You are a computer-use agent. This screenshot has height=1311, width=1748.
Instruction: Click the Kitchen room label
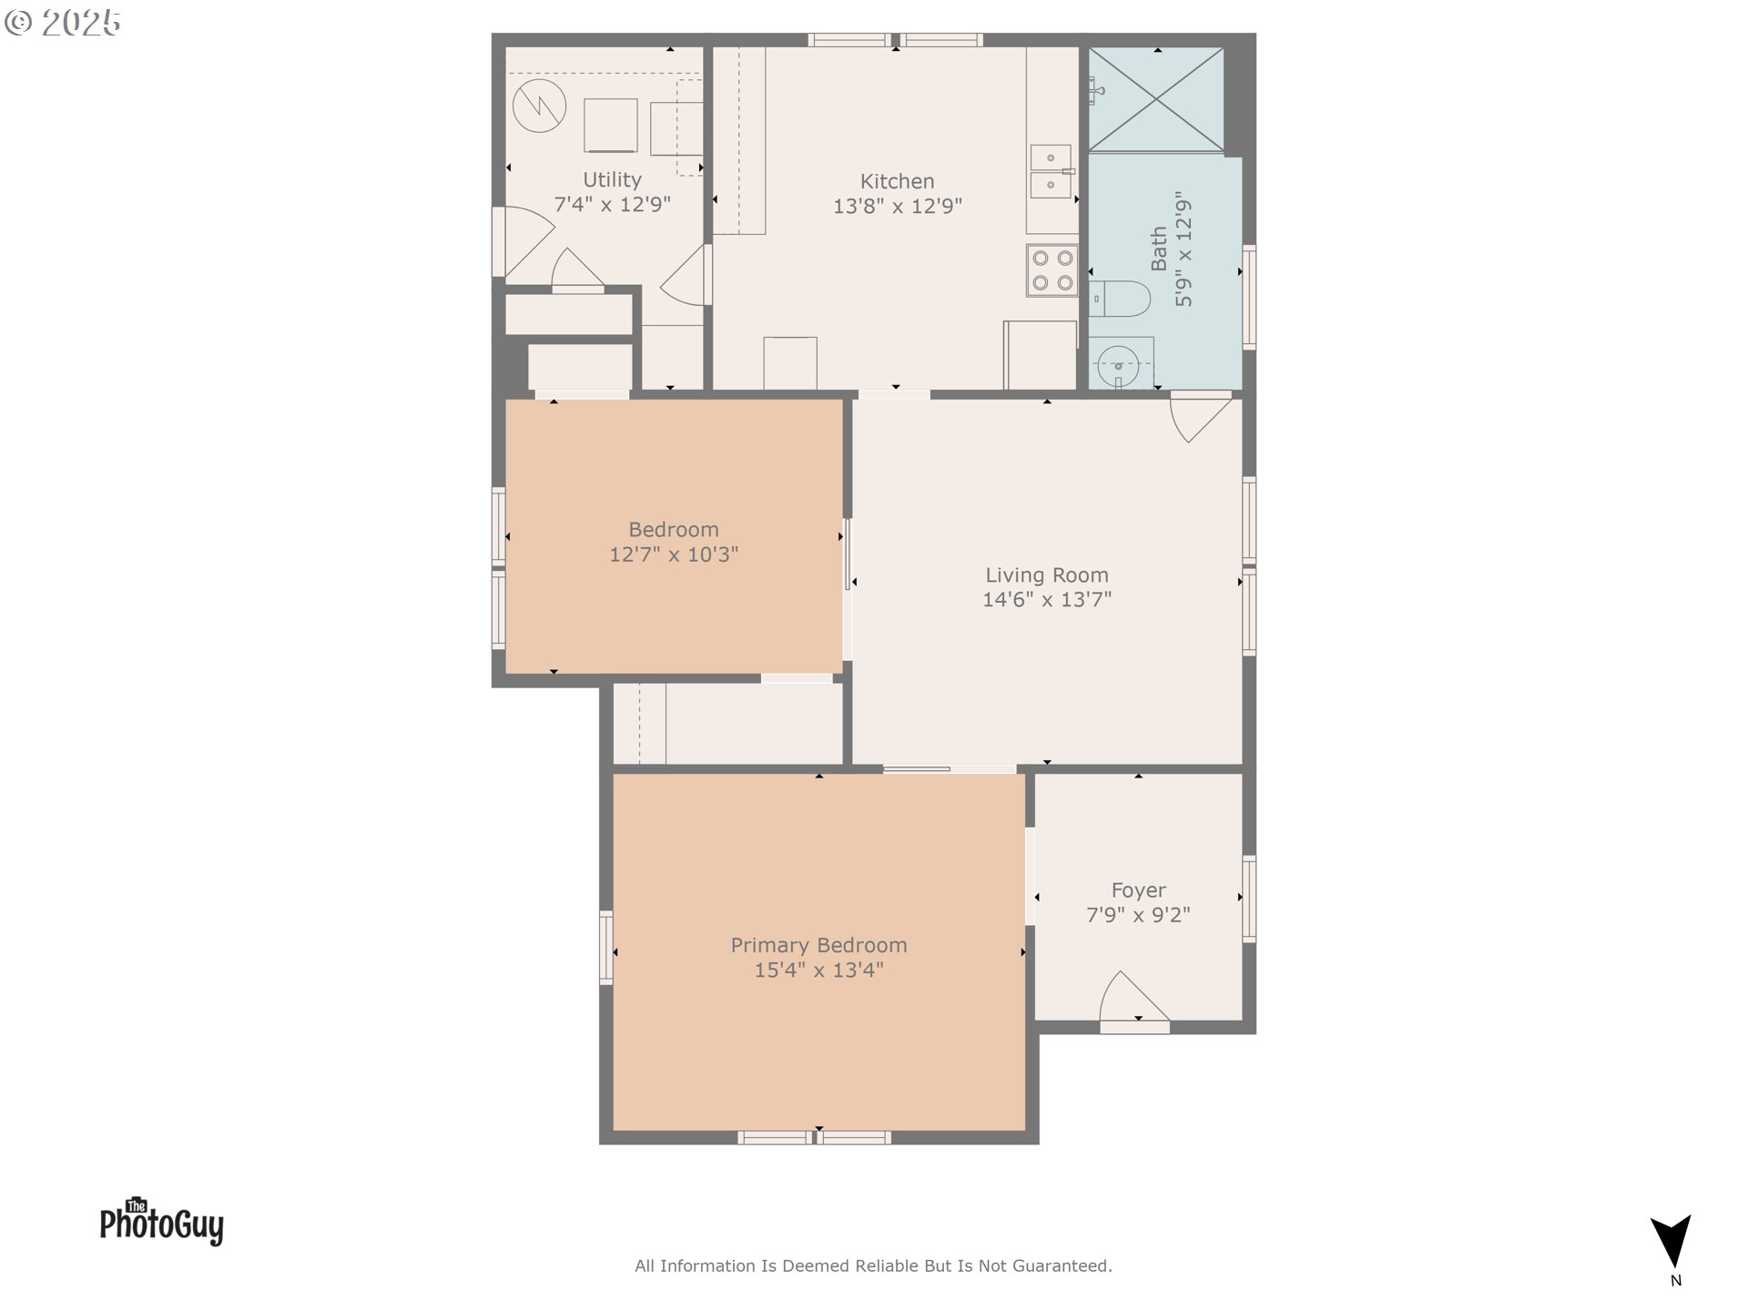click(897, 181)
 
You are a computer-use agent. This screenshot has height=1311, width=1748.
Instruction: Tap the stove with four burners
click(1052, 270)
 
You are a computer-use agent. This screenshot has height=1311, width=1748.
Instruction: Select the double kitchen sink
click(1051, 171)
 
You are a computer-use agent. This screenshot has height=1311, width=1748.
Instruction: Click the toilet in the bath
click(1121, 299)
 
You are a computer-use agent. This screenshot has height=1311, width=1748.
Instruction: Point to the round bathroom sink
click(1118, 366)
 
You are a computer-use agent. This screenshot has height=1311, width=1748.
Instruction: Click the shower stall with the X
click(1156, 99)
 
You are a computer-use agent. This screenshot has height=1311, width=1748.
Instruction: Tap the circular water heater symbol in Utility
click(539, 107)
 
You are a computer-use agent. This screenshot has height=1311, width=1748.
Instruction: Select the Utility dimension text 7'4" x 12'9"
click(612, 205)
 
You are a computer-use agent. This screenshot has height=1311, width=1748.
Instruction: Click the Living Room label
click(1047, 575)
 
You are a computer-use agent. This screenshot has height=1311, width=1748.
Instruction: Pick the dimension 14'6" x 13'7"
click(1047, 600)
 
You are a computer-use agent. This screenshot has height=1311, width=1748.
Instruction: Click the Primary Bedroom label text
click(818, 946)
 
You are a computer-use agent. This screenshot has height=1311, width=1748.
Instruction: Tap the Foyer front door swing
click(1131, 999)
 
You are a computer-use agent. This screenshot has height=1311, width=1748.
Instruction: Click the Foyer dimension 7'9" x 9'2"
click(1138, 915)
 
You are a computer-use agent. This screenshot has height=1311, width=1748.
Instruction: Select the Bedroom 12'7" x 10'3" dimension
click(674, 554)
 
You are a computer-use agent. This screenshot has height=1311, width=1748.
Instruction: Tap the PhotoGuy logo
click(161, 1222)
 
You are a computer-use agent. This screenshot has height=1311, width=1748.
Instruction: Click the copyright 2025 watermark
click(63, 23)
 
